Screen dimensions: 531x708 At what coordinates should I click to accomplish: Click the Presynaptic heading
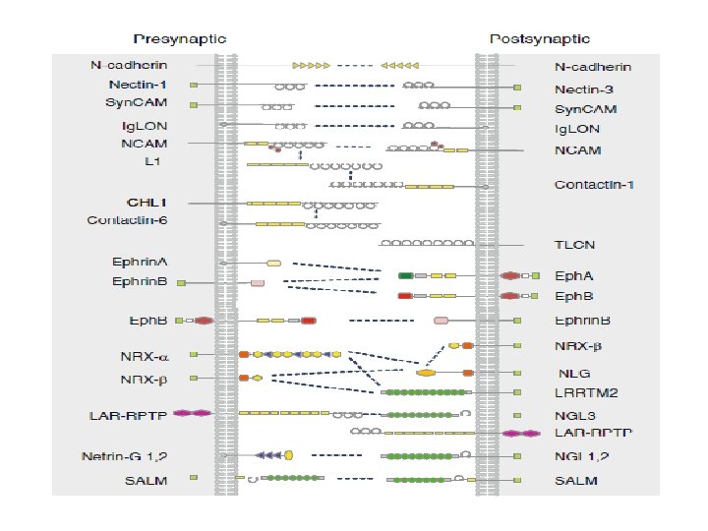pyautogui.click(x=179, y=39)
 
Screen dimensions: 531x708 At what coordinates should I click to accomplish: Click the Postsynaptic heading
pyautogui.click(x=540, y=39)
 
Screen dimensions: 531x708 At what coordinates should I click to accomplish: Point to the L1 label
pyautogui.click(x=152, y=159)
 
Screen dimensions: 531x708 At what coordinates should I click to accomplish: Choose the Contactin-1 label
pyautogui.click(x=593, y=184)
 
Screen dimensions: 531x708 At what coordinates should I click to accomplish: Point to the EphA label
pyautogui.click(x=573, y=276)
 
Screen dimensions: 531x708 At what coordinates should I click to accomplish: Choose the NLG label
pyautogui.click(x=572, y=374)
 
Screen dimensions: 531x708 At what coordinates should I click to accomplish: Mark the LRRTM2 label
pyautogui.click(x=584, y=393)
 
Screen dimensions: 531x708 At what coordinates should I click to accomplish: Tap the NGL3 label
pyautogui.click(x=574, y=415)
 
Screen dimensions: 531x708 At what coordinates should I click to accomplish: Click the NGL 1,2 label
pyautogui.click(x=582, y=456)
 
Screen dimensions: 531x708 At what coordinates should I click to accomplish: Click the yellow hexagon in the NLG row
pyautogui.click(x=426, y=373)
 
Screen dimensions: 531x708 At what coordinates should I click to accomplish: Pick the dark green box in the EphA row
pyautogui.click(x=405, y=276)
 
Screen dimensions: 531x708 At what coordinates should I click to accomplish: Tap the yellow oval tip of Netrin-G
pyautogui.click(x=289, y=454)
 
